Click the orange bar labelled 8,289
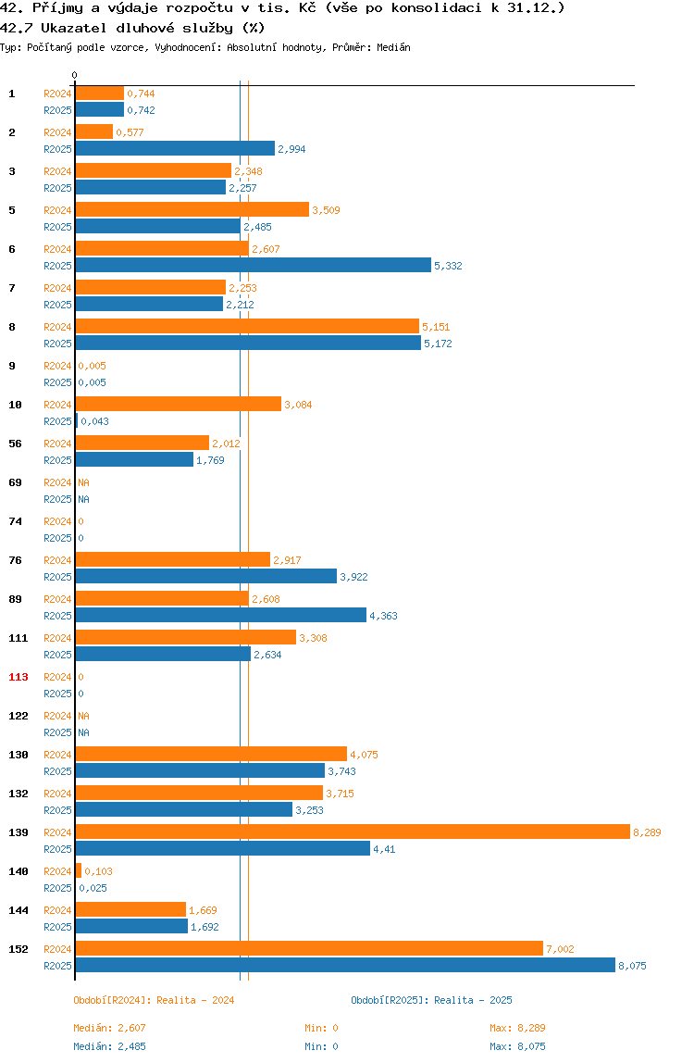point(353,832)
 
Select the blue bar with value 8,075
point(345,966)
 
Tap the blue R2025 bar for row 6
point(253,265)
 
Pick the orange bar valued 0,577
point(94,131)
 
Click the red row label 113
point(19,677)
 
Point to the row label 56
point(15,444)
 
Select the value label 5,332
point(448,266)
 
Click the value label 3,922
point(353,577)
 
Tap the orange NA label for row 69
point(83,482)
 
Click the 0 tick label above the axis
point(75,75)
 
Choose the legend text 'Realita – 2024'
point(195,1000)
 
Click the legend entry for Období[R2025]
point(432,1000)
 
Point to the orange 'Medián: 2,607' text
point(110,1028)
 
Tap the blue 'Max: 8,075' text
point(518,1046)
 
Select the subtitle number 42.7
point(15,28)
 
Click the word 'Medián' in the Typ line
point(394,47)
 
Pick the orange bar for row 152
point(309,948)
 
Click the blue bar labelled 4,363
point(221,615)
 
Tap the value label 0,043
point(95,421)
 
